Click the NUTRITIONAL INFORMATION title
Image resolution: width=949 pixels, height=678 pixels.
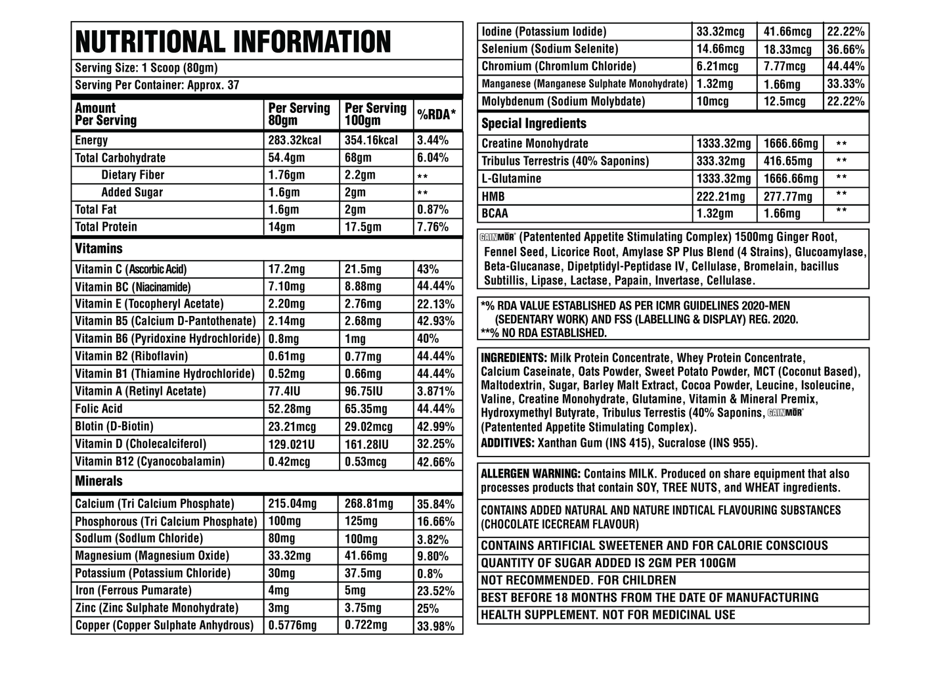[233, 42]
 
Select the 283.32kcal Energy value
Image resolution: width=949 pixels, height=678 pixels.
[295, 141]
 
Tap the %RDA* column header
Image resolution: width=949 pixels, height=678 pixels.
[436, 114]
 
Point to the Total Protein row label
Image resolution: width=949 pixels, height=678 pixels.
[106, 227]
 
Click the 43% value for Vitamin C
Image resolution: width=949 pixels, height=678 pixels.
[428, 269]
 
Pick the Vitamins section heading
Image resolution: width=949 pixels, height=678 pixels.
[99, 249]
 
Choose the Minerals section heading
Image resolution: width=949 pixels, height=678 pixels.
[99, 482]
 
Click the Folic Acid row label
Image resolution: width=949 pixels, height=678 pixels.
[99, 409]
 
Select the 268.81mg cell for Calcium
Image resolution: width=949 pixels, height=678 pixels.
[368, 504]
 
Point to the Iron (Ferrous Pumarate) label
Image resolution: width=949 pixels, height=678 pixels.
[133, 591]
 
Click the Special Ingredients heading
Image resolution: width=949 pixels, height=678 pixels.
[533, 124]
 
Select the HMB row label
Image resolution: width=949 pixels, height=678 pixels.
[493, 196]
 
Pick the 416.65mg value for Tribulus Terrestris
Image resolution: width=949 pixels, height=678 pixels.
[787, 162]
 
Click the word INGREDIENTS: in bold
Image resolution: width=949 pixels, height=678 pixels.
[514, 358]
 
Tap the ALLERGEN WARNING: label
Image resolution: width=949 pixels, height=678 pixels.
[530, 474]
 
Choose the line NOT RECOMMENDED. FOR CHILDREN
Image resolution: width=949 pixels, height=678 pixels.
[578, 581]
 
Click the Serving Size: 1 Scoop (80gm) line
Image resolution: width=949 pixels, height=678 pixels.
[146, 68]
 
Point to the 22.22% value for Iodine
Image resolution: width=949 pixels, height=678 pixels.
[845, 32]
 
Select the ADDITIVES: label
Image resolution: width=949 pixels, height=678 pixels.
[508, 443]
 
